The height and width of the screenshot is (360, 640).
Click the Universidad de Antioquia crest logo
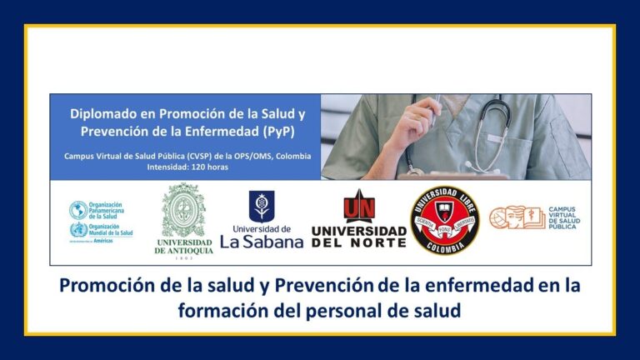(x=183, y=212)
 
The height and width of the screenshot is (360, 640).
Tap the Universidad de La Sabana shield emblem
(x=261, y=206)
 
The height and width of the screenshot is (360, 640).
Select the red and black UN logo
(x=359, y=206)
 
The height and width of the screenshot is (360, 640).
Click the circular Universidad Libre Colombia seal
(x=444, y=220)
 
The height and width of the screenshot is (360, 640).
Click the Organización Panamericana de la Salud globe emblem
(x=78, y=209)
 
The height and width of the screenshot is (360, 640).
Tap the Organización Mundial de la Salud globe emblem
(x=78, y=230)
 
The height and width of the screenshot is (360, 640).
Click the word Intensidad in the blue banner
(x=170, y=167)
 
